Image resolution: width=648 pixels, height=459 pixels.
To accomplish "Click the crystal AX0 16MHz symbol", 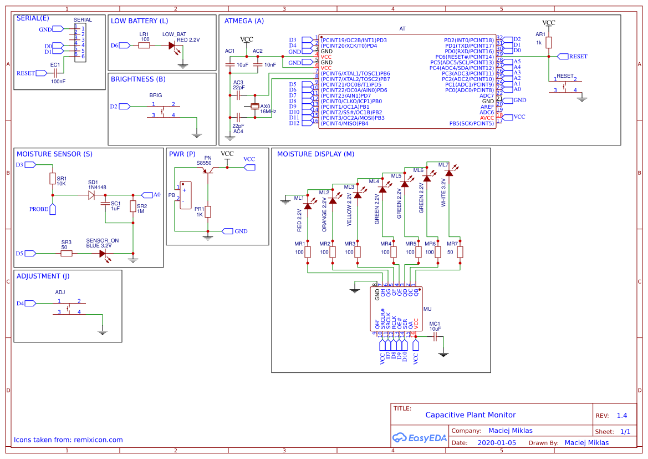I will (x=254, y=106).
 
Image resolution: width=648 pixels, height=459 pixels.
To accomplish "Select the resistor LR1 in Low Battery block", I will (x=144, y=46).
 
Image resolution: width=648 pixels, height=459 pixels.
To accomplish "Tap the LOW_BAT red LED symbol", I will (x=173, y=46).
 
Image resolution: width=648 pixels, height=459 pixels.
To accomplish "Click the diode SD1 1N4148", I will (x=92, y=195).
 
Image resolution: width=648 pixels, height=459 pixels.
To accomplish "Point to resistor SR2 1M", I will (x=133, y=206).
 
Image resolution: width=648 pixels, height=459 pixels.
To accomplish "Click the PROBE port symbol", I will (x=53, y=209).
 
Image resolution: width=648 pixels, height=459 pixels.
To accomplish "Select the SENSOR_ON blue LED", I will (x=103, y=253).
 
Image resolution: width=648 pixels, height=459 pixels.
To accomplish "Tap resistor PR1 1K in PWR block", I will (x=208, y=211).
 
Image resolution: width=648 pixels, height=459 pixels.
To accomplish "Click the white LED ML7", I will (x=448, y=173).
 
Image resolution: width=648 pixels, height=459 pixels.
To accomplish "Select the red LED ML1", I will (x=308, y=206).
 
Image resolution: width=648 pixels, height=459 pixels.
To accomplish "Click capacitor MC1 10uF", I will (x=435, y=336).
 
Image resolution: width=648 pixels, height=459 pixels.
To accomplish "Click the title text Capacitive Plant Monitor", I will (x=470, y=415).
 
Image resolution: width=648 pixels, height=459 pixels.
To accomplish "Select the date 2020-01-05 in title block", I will (x=496, y=442).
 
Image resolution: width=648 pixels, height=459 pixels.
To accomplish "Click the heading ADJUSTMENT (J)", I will (x=43, y=276).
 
